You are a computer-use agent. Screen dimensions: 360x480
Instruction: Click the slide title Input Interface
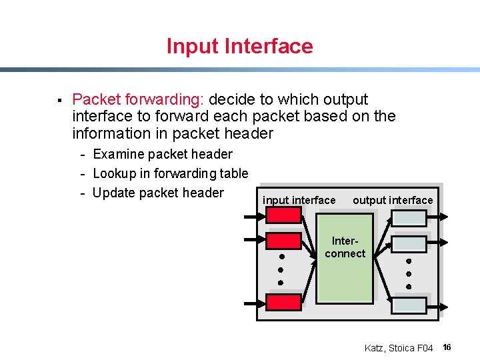click(x=239, y=46)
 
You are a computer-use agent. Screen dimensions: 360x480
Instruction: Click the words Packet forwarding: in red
click(x=137, y=99)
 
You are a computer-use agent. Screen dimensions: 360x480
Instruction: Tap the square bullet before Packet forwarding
click(x=59, y=101)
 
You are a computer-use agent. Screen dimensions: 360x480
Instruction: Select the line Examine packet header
click(x=163, y=154)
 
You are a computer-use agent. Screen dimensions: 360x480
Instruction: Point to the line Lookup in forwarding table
click(x=170, y=173)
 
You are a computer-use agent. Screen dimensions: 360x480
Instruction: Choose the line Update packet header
click(x=158, y=193)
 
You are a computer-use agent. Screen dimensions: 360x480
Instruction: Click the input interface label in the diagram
click(x=299, y=200)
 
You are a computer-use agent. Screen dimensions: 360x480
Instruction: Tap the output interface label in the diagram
click(x=393, y=200)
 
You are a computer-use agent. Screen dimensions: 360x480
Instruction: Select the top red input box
click(x=283, y=215)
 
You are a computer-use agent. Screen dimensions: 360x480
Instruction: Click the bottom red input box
click(x=283, y=302)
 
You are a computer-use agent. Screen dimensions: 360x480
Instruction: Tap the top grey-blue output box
click(x=408, y=217)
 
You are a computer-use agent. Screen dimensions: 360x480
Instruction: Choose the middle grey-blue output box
click(x=408, y=244)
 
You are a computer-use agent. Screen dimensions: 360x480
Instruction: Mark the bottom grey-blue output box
click(x=408, y=305)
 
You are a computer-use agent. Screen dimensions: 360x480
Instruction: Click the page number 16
click(x=447, y=347)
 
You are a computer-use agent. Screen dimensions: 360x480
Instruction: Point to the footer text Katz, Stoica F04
click(x=399, y=348)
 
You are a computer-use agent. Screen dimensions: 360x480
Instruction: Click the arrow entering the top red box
click(x=255, y=216)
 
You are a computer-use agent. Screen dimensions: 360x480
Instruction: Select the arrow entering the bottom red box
click(x=255, y=303)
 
